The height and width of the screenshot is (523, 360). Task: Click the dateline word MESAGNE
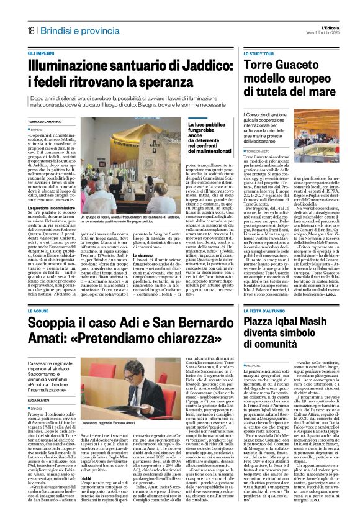coord(254,366)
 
